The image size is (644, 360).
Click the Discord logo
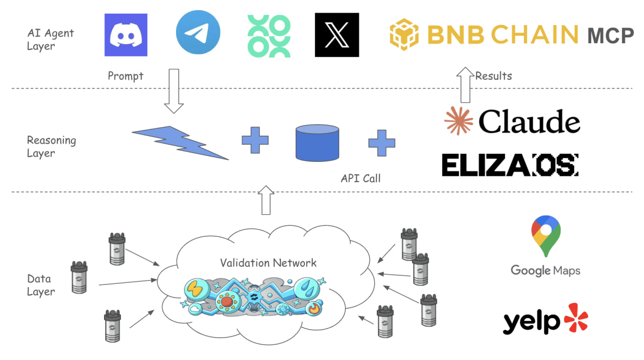(126, 35)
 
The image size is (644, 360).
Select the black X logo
(337, 35)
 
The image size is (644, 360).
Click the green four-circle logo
(269, 35)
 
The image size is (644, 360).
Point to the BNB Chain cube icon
(405, 34)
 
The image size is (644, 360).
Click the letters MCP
(610, 36)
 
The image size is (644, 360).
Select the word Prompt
(125, 76)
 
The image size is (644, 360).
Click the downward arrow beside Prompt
(174, 91)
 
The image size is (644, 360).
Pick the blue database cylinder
(316, 143)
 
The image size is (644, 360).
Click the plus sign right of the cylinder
(381, 142)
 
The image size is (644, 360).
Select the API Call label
(360, 178)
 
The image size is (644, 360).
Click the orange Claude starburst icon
(458, 121)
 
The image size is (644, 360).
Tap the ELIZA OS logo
(510, 164)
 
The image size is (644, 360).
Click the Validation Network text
(268, 262)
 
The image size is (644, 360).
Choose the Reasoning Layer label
(51, 146)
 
